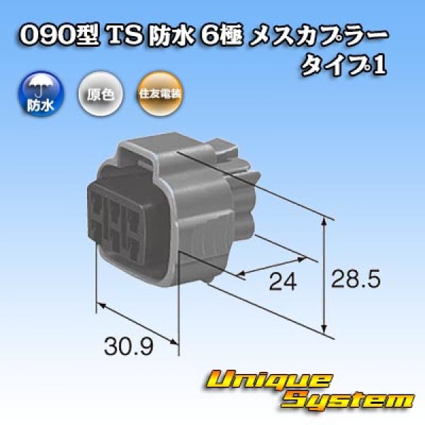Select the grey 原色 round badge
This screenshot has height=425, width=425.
[99, 92]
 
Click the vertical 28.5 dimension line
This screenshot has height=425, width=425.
[324, 276]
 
